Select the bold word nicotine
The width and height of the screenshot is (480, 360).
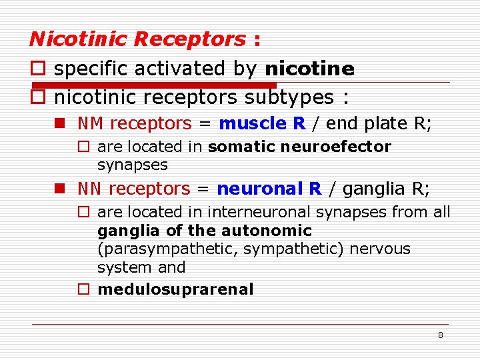click(x=309, y=69)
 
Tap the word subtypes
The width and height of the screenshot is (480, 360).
click(x=289, y=98)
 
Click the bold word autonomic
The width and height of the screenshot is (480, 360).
click(x=278, y=231)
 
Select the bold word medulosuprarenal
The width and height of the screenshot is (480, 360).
click(x=175, y=289)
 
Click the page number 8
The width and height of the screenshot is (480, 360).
click(x=440, y=335)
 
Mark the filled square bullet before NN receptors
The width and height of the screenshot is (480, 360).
click(x=60, y=189)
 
